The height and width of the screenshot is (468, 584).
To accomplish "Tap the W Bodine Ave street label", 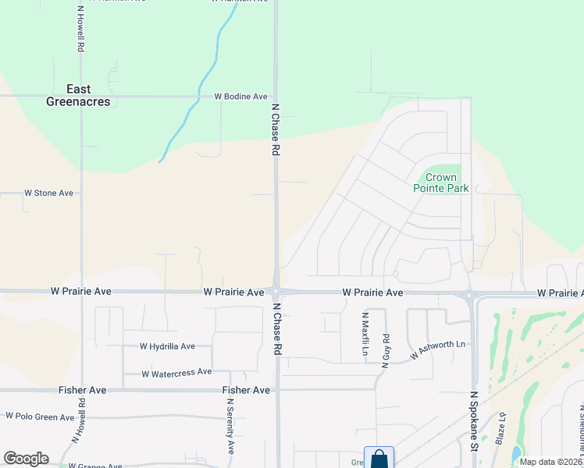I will pos(241,97).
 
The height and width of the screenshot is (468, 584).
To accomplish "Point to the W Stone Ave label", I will pos(48,193).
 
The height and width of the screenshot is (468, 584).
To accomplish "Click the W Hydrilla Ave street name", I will pos(167,346).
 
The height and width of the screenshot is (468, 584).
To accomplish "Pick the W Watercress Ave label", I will pos(176,374).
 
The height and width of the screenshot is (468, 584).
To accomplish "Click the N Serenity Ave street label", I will pos(231,426).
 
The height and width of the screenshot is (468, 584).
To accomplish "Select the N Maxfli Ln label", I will pos(365,335).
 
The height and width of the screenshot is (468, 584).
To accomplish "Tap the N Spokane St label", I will pos(474,422).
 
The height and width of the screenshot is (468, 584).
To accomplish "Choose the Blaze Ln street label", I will pos(500,427).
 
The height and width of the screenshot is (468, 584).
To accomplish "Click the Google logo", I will pos(26,459).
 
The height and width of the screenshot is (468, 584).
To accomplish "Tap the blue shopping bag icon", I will pos(379,459).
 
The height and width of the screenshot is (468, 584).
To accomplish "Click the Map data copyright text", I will pos(550,462).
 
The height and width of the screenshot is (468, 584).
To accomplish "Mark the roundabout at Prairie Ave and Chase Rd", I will pos(276,292).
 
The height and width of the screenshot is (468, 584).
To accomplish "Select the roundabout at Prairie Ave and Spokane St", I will pos(470,295).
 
